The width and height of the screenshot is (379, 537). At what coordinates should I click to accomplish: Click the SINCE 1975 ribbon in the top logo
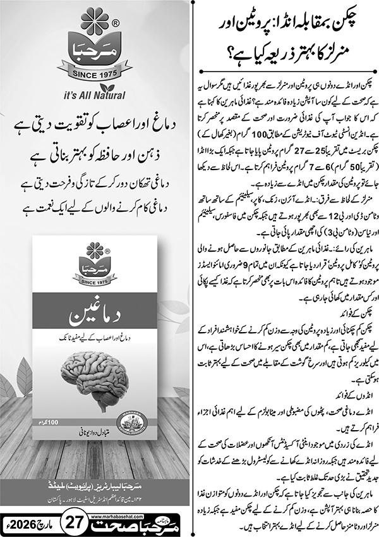pyautogui.click(x=95, y=73)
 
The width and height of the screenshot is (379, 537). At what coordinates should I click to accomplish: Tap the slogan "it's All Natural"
pyautogui.click(x=95, y=97)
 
